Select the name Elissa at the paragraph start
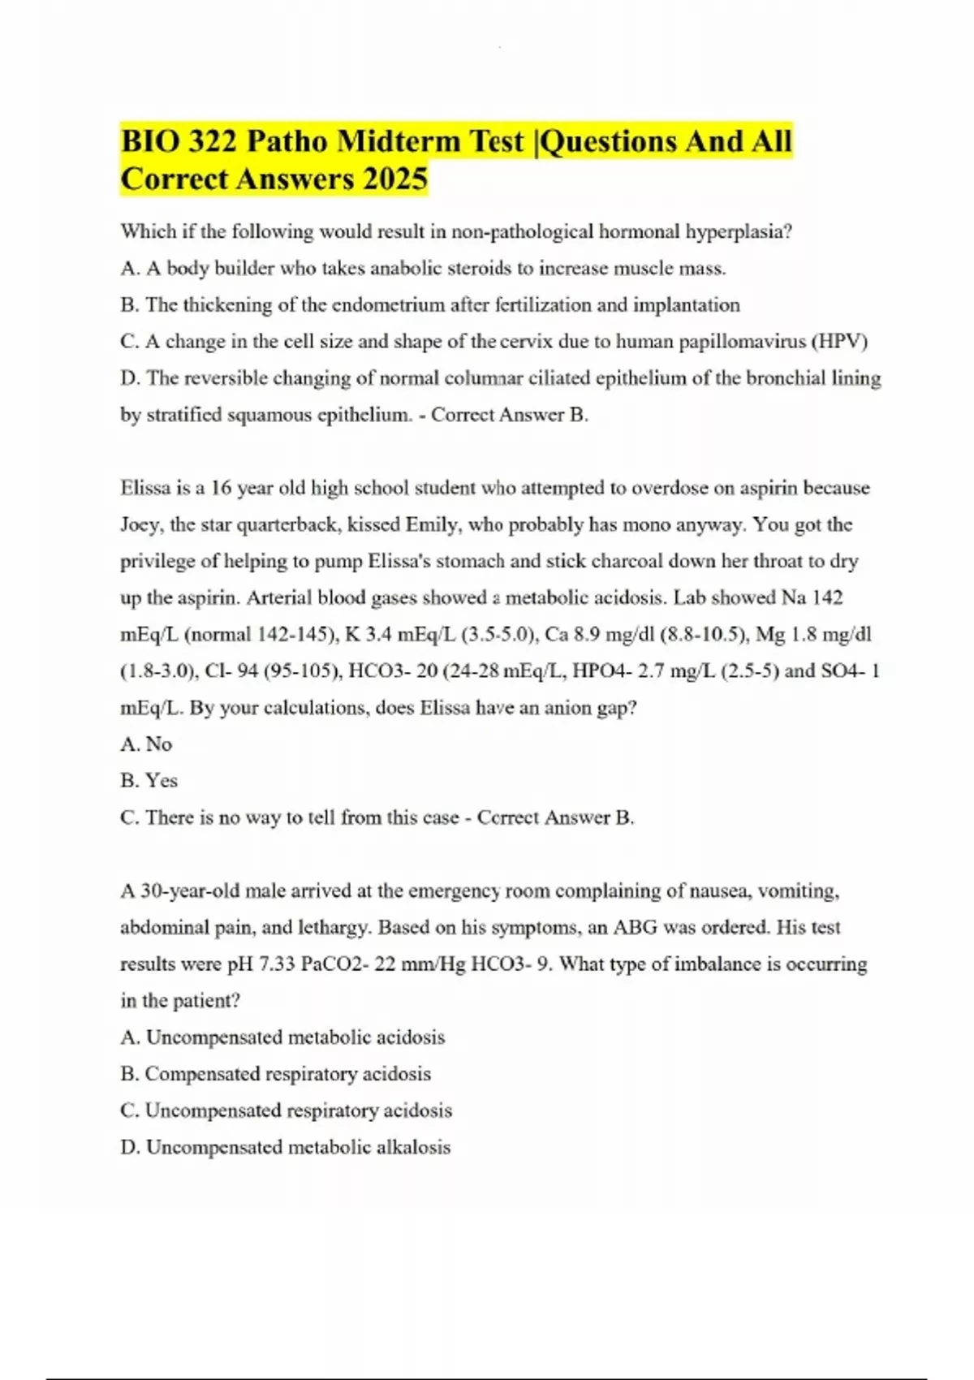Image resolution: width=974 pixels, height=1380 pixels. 145,489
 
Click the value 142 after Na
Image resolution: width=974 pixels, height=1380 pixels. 827,598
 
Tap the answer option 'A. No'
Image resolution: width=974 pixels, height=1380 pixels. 146,744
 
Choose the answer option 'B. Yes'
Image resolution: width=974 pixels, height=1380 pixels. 149,781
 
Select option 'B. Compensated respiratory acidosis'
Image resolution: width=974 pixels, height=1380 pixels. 275,1074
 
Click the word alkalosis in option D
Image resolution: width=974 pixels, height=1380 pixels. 413,1148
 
